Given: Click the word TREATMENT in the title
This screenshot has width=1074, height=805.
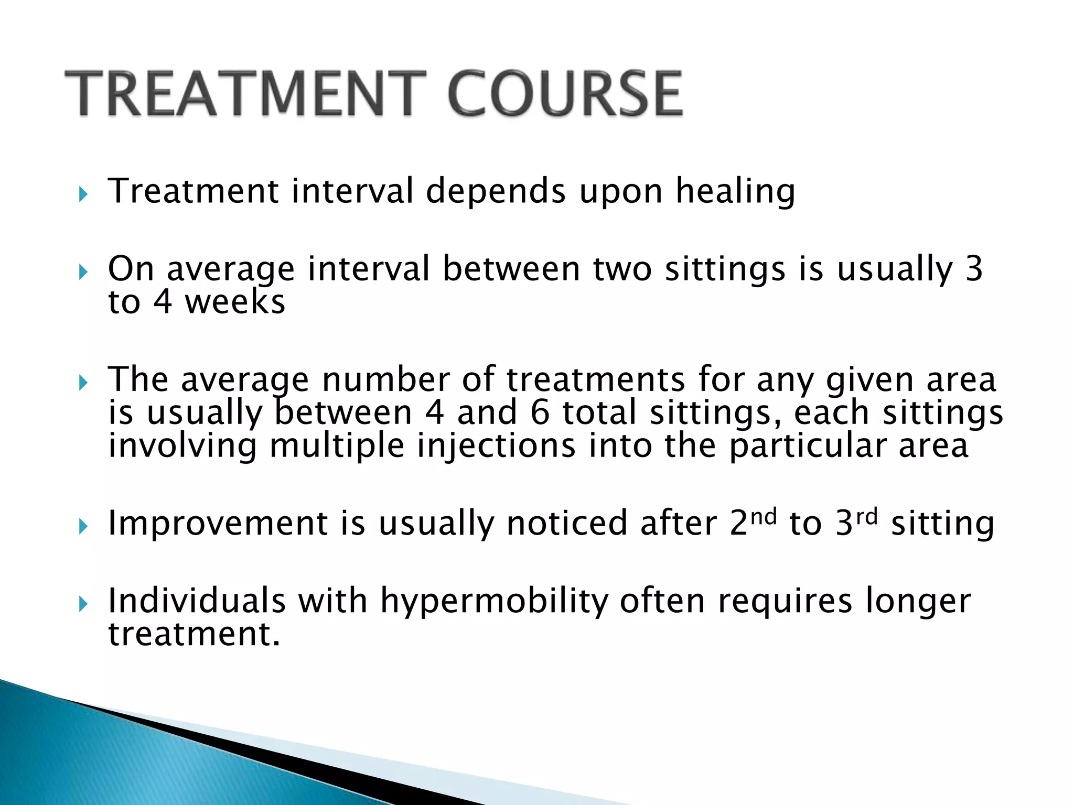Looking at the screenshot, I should coord(244,94).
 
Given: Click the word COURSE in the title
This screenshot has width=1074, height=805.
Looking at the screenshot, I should coord(565,94).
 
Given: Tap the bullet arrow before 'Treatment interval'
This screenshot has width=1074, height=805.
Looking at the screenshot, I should coord(83,195).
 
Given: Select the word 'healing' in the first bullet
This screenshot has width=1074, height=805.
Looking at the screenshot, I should coord(735,192).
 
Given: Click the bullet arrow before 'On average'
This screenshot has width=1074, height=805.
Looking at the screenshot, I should coord(83,273).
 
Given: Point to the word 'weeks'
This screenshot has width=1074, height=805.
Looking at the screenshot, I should coord(235,303).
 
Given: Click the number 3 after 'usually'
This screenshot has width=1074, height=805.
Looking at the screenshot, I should coord(973,269).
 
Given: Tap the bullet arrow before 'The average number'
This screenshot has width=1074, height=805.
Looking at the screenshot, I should coord(83,383).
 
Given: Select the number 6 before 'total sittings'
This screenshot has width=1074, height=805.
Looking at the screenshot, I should coord(540,413).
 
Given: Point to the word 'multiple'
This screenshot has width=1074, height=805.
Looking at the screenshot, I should coord(337,446).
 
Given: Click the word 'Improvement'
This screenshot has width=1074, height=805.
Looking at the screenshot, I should coord(218,524).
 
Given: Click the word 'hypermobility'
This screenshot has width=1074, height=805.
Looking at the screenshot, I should coord(493,602).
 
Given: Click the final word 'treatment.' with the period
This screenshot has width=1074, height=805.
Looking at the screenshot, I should coord(194,634).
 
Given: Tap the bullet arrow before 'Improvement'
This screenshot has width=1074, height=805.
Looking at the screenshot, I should coord(83,527).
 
